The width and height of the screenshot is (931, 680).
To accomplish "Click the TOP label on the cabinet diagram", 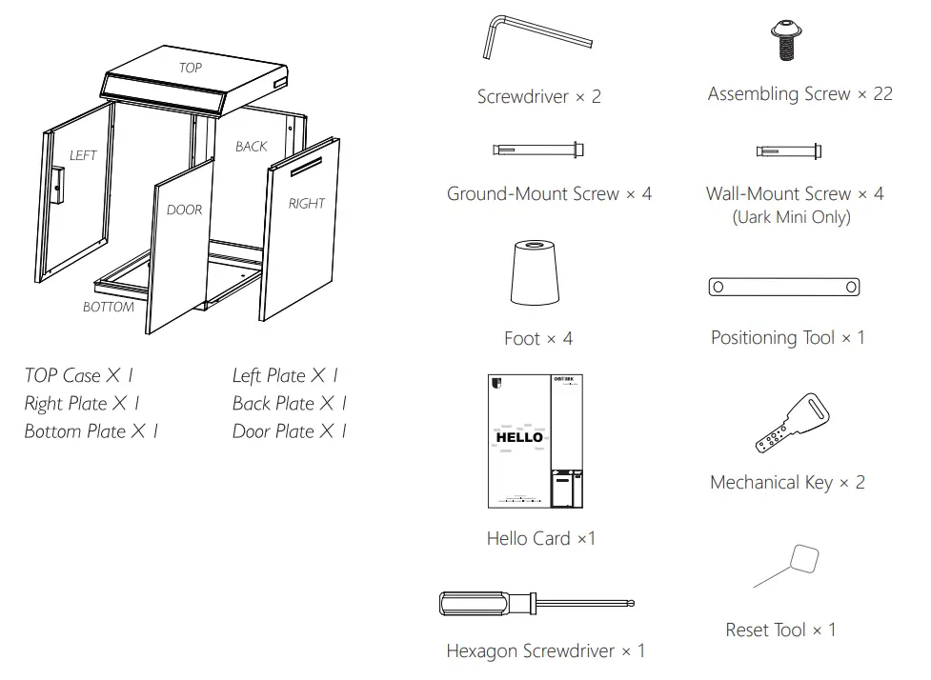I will coord(191,68).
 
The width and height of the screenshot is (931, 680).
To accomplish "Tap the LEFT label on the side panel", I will coord(83,155).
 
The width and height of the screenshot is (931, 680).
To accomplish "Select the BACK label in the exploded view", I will coord(252,146).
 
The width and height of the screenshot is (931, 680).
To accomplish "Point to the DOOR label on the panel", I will coord(184,210).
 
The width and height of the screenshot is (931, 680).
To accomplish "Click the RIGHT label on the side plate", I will coord(306,203).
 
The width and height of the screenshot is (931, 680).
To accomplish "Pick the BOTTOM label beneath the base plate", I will coord(108,307).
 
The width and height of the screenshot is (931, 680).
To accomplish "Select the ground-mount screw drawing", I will coord(539,150).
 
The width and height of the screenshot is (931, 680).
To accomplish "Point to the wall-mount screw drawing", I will coord(788,150).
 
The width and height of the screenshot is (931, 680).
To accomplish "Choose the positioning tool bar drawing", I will coord(784,287).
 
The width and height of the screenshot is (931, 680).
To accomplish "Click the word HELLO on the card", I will coord(519,437).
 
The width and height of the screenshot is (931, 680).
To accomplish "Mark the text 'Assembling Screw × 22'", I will coord(799,93).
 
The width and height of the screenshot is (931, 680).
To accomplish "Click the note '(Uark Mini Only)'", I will coord(791,217).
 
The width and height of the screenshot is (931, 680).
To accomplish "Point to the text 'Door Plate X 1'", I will coord(289,431).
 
